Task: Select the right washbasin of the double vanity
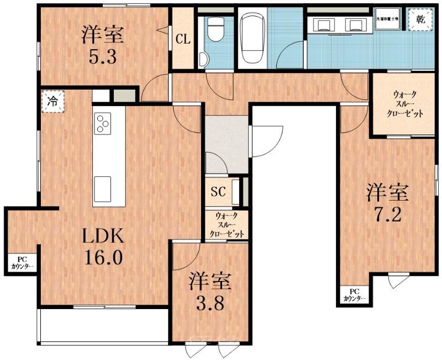click(x=352, y=24)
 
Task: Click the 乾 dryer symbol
click(x=418, y=20)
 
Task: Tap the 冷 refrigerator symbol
click(x=52, y=102)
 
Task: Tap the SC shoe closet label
click(x=218, y=192)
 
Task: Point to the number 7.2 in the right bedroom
click(x=388, y=214)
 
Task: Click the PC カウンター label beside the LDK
click(x=22, y=263)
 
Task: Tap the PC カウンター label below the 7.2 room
click(x=354, y=295)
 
